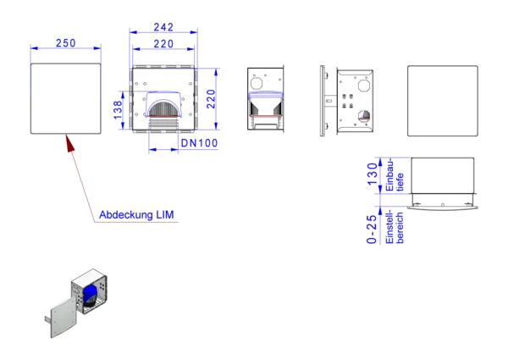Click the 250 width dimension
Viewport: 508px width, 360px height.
[66, 42]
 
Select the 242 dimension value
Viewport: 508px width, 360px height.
[163, 27]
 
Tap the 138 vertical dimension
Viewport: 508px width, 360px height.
[118, 110]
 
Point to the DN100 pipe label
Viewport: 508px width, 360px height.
[199, 143]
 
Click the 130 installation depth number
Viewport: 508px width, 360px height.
[373, 174]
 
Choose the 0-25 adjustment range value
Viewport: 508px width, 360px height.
[372, 229]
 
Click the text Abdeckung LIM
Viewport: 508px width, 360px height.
[136, 214]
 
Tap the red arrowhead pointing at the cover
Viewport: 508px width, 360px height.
[70, 143]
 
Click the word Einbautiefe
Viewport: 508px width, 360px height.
[395, 175]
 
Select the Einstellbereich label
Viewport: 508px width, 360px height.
[395, 226]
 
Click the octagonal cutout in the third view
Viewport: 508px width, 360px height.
[257, 83]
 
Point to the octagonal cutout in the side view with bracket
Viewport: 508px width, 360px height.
[364, 86]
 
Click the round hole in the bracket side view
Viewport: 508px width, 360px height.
[364, 116]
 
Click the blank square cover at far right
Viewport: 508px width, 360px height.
[443, 101]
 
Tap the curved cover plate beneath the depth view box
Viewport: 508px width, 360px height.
[443, 208]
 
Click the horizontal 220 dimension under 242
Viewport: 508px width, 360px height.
[163, 44]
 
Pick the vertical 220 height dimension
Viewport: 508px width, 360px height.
[211, 99]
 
